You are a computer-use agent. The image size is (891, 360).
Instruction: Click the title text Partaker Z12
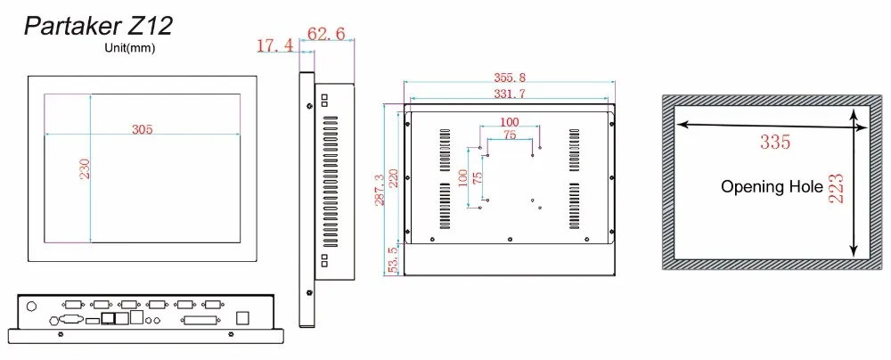click(x=98, y=26)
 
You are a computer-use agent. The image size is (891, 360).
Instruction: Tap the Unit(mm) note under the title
click(x=129, y=48)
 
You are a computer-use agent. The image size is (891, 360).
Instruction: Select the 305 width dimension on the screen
click(x=142, y=129)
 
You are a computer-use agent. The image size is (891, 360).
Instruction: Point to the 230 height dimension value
click(x=85, y=169)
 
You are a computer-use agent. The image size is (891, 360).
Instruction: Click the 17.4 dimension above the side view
click(x=275, y=45)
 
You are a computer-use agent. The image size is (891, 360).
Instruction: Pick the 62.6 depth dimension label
click(x=326, y=34)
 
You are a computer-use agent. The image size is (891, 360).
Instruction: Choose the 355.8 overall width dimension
click(x=509, y=77)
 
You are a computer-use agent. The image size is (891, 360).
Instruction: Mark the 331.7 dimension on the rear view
click(x=509, y=94)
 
